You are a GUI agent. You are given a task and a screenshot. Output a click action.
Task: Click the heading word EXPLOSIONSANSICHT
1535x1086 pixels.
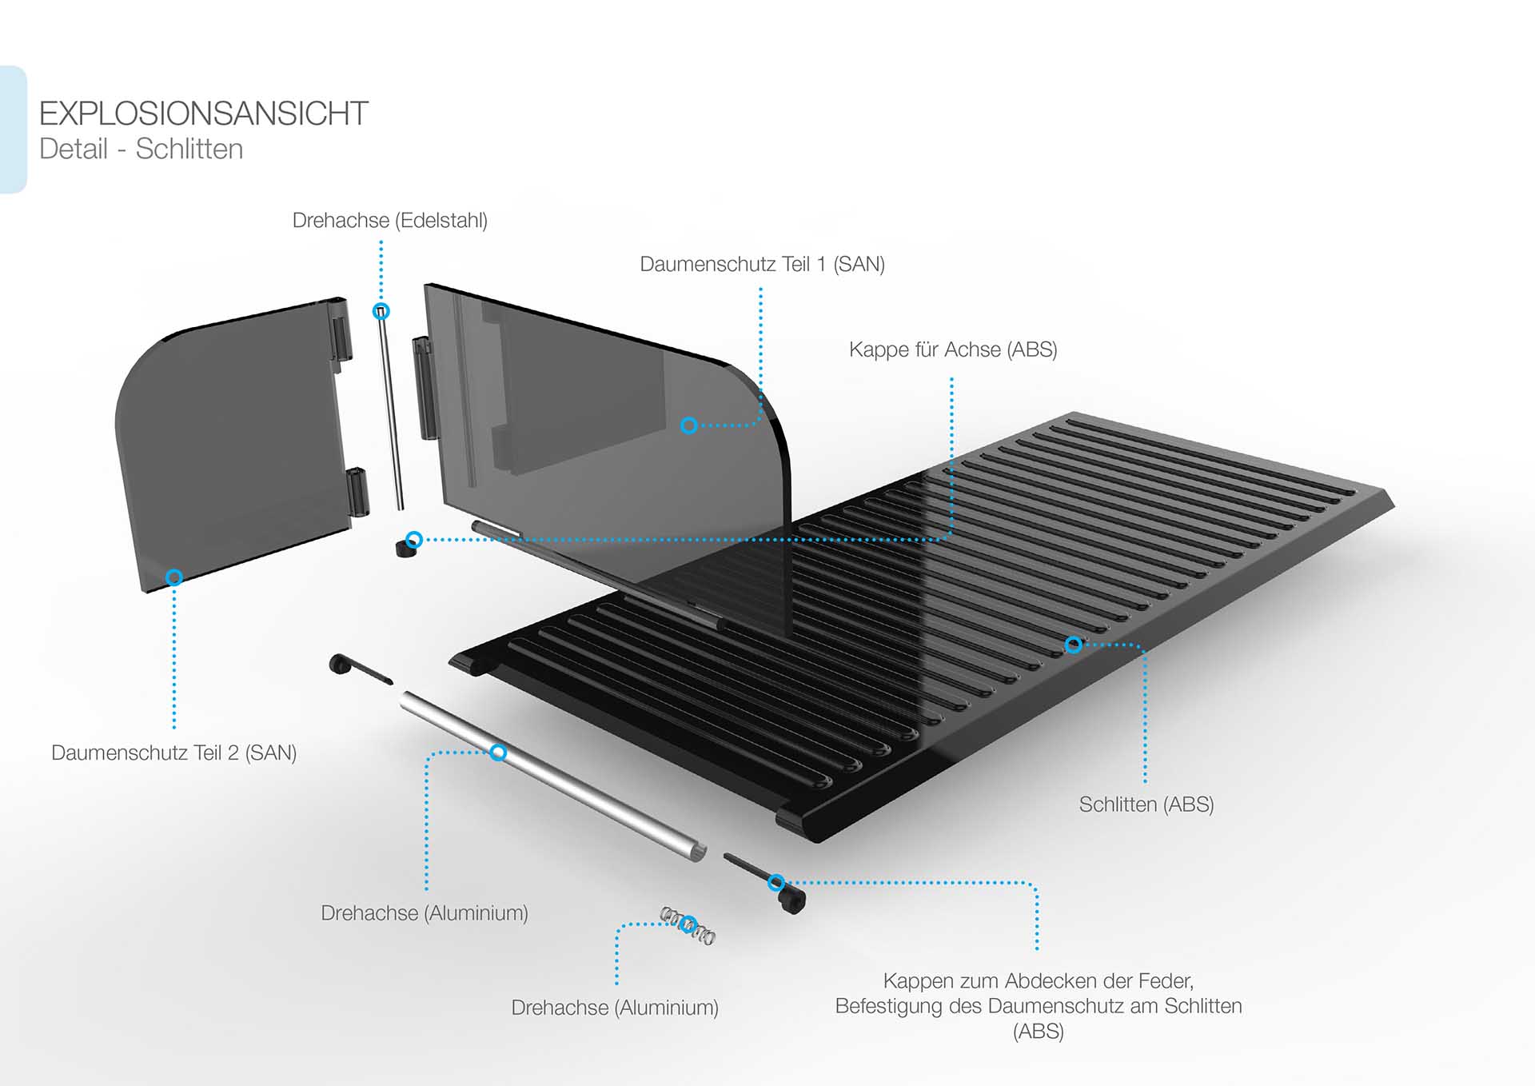(x=203, y=114)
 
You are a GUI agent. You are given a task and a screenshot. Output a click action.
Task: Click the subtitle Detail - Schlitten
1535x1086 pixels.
(x=141, y=150)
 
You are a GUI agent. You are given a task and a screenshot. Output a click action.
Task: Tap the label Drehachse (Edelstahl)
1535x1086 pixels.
(x=389, y=221)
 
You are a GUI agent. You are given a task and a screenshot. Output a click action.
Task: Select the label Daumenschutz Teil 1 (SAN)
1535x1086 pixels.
(x=762, y=265)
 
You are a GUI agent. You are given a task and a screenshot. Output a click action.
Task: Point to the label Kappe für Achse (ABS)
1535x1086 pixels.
(x=952, y=350)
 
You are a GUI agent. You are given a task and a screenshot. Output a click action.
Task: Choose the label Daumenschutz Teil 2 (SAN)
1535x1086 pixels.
(x=173, y=753)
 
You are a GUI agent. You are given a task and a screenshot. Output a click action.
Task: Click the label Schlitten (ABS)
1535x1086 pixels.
(x=1146, y=805)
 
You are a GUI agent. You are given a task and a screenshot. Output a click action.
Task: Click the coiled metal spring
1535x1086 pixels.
(x=688, y=925)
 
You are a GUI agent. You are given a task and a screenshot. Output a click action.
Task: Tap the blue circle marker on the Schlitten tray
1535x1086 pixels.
(x=1074, y=645)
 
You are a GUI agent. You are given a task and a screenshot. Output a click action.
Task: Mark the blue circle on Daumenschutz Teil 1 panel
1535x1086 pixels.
(x=688, y=425)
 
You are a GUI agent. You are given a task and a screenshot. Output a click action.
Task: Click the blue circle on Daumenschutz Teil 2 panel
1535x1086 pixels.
(x=173, y=577)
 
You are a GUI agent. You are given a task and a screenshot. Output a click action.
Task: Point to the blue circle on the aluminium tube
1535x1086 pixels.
(x=498, y=753)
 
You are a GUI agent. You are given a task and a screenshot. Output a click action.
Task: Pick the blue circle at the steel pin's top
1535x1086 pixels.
(x=381, y=311)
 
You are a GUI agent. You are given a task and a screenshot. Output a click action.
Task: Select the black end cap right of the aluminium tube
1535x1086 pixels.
(x=791, y=900)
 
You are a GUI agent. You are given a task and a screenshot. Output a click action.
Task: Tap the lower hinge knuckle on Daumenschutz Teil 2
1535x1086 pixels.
(x=359, y=492)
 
